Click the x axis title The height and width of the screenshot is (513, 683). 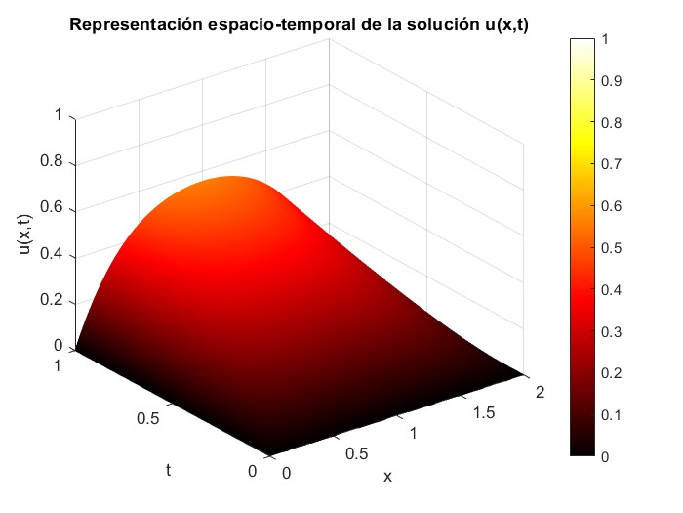coord(387,477)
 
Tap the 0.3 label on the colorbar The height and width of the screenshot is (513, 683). coord(612,331)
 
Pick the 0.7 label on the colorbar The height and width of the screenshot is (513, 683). coord(612,165)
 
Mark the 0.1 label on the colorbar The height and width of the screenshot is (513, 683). coord(612,414)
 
